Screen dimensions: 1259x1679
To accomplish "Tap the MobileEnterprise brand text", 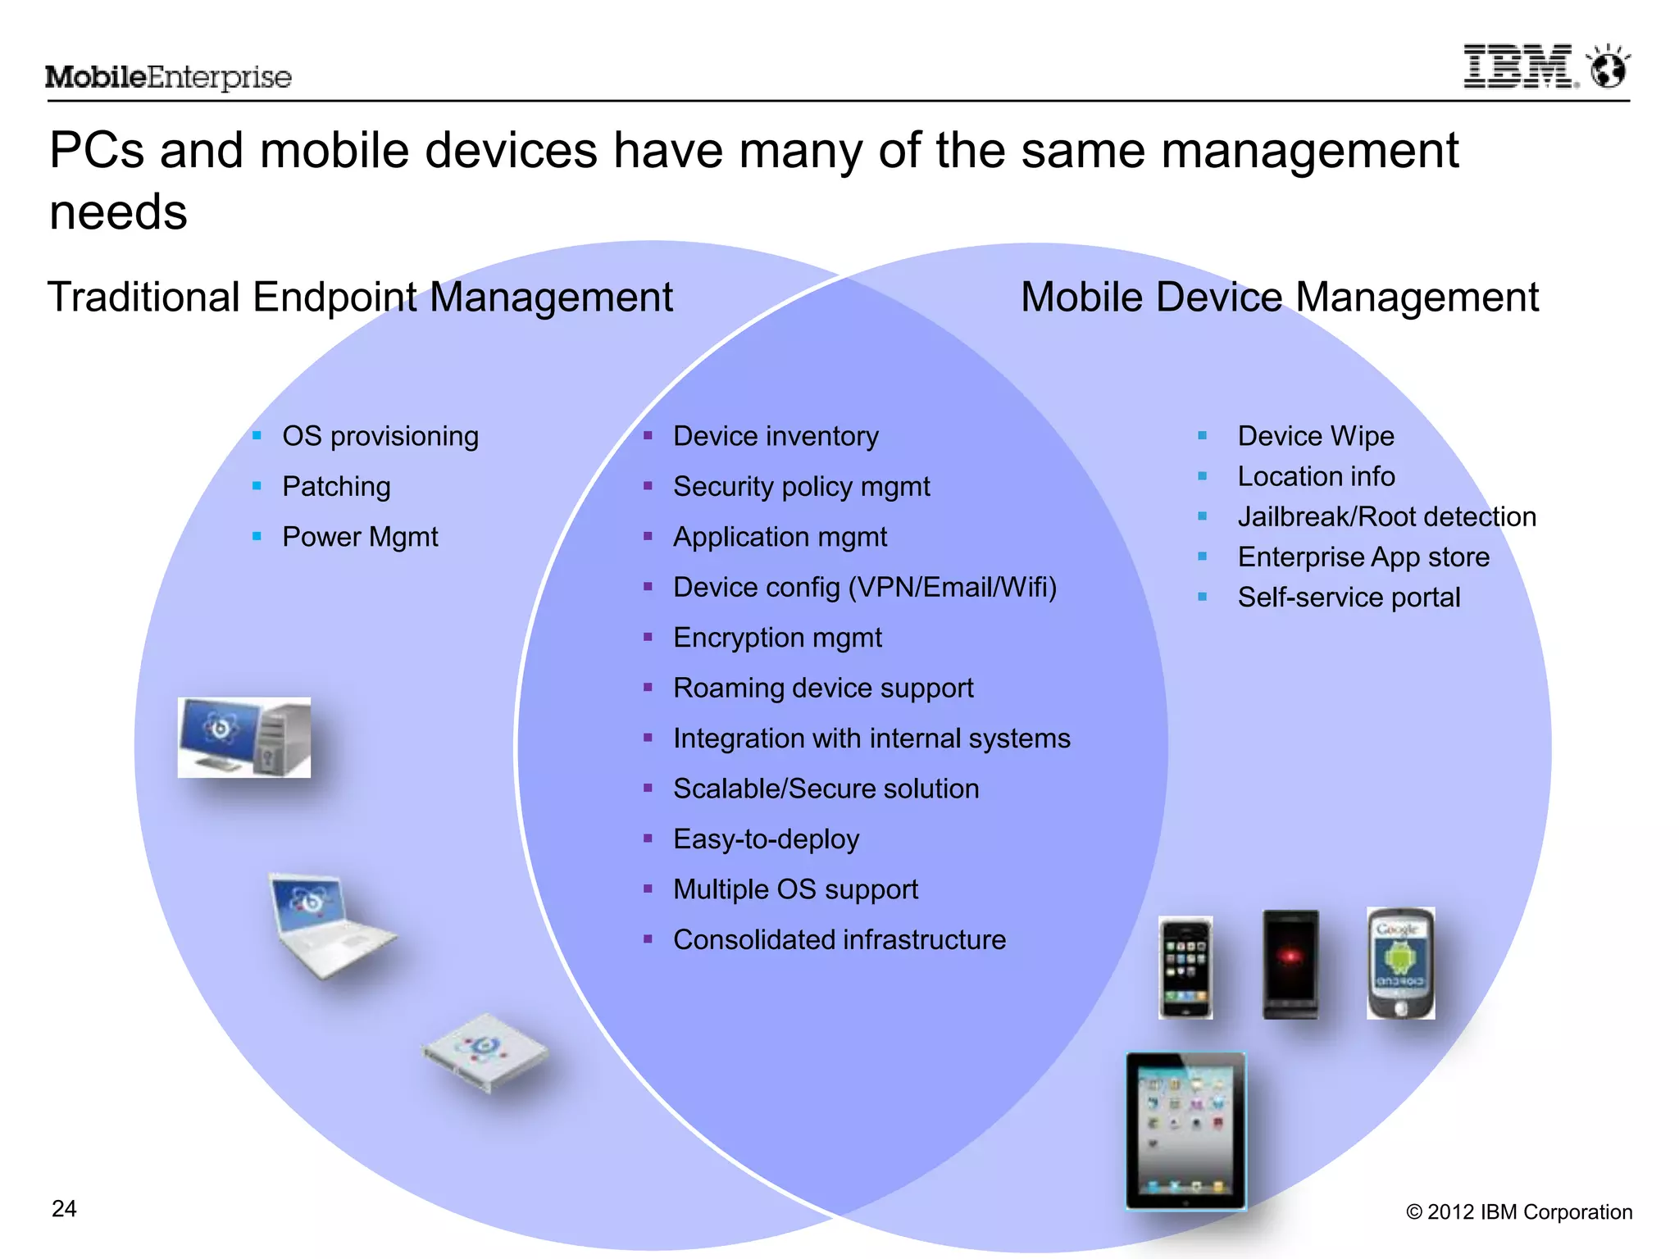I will [168, 77].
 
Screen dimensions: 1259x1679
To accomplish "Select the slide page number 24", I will [64, 1209].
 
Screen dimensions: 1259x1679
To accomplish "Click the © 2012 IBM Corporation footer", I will [1519, 1211].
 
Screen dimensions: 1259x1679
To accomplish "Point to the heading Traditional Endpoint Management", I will [360, 297].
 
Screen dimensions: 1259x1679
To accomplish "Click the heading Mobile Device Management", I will [1279, 297].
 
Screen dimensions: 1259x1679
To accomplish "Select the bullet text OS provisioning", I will [380, 436].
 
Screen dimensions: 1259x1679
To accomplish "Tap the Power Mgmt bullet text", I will [360, 537].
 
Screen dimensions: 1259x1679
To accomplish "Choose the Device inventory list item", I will [776, 436].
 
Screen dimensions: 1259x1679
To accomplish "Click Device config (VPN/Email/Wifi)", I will [865, 587].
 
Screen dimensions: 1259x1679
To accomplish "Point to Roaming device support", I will [823, 688].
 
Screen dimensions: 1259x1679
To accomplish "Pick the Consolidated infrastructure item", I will [839, 939].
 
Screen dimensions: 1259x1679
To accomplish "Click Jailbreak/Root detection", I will [1386, 516].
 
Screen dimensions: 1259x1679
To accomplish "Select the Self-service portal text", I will [1349, 597].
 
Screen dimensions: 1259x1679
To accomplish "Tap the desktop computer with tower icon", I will [244, 737].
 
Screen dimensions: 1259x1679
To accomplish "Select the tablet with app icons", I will [1185, 1131].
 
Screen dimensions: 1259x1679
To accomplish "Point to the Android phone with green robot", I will [1400, 963].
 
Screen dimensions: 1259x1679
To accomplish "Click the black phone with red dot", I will [1290, 964].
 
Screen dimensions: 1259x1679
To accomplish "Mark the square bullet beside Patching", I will [257, 486].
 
